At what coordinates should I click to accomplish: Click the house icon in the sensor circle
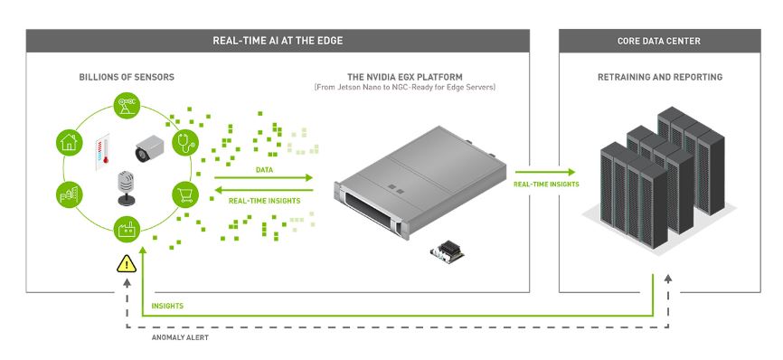click(x=66, y=140)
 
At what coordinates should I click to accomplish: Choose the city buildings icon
click(x=66, y=194)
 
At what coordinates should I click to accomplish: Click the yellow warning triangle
click(x=126, y=265)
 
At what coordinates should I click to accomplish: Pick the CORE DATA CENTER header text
click(x=659, y=41)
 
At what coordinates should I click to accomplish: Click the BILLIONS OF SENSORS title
click(x=127, y=78)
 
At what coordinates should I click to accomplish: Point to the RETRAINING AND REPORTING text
click(x=659, y=78)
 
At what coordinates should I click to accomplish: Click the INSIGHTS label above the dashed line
click(x=168, y=306)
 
